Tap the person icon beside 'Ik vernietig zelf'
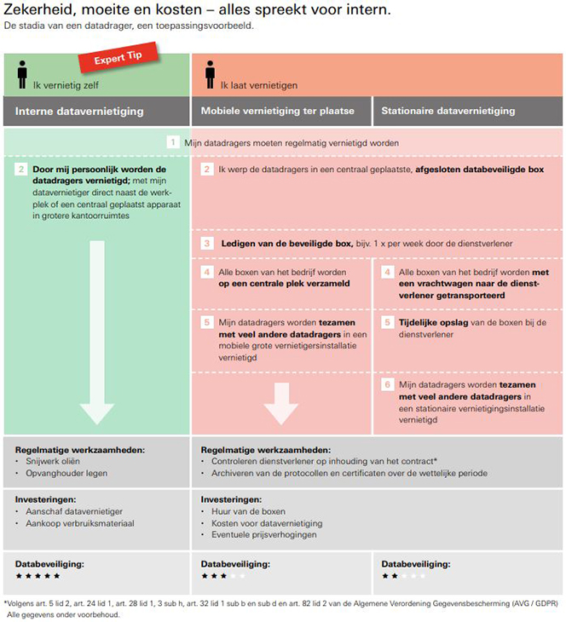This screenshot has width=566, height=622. pyautogui.click(x=22, y=76)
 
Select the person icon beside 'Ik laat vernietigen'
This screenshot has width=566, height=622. pyautogui.click(x=210, y=76)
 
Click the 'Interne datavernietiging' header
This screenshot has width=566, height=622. pyautogui.click(x=79, y=111)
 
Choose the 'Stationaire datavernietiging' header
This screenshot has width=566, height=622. pyautogui.click(x=448, y=111)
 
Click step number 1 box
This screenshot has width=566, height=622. pyautogui.click(x=173, y=142)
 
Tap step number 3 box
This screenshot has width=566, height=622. pyautogui.click(x=207, y=243)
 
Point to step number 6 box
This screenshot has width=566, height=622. pyautogui.click(x=387, y=384)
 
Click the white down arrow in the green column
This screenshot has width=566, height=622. pyautogui.click(x=97, y=341)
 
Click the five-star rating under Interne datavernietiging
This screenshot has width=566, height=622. pyautogui.click(x=38, y=576)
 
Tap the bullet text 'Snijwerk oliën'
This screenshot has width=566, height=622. pyautogui.click(x=53, y=461)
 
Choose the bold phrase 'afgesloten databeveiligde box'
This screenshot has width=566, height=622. pyautogui.click(x=479, y=170)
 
